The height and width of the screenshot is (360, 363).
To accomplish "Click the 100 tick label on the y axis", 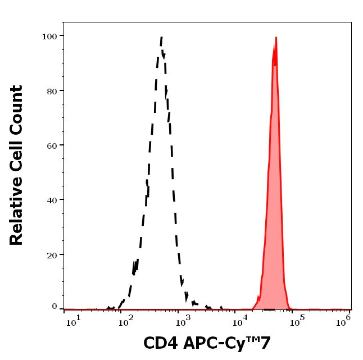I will (49, 37).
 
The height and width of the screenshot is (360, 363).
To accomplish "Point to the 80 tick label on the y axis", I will (52, 91).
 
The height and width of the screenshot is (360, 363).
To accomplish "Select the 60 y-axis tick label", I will (52, 145).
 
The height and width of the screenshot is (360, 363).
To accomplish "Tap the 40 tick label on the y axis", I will (52, 200).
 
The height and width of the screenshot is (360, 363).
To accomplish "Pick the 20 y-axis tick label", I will (52, 255).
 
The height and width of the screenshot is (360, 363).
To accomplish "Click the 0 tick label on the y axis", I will (55, 307).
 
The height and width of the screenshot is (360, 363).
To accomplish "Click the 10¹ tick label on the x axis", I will (74, 320).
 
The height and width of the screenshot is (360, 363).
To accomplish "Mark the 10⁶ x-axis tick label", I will (344, 320).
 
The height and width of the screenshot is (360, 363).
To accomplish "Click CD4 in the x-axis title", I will (159, 344).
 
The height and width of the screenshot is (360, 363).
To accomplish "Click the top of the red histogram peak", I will (276, 38).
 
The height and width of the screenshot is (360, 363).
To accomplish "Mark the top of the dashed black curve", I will (162, 38).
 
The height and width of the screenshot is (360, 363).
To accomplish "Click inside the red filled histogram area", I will (275, 225).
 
